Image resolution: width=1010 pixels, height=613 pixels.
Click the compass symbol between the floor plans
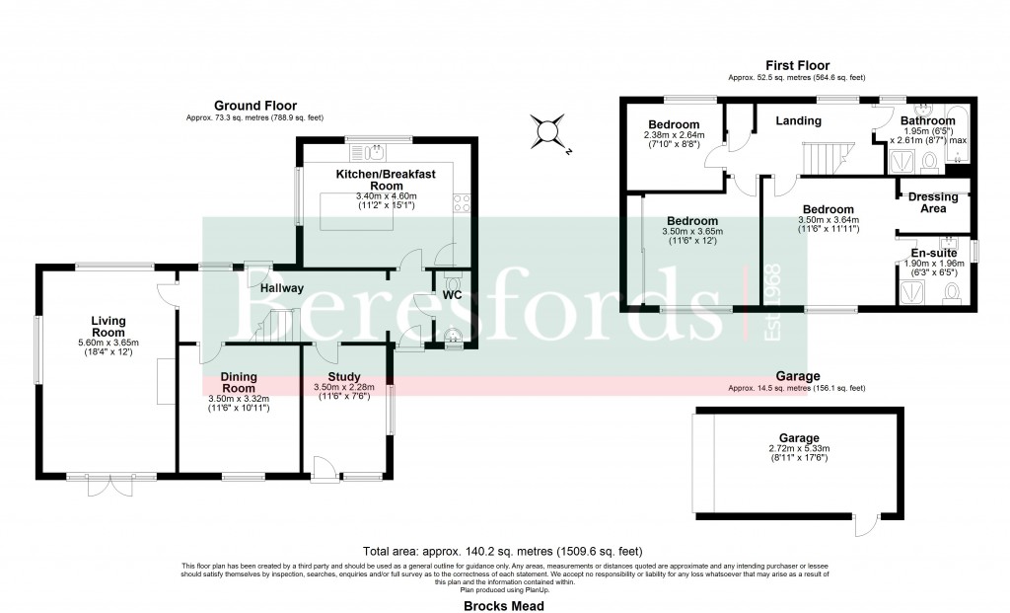[548, 132]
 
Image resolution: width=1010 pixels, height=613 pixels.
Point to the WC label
[453, 295]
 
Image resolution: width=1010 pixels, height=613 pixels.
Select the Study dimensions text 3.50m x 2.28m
[344, 386]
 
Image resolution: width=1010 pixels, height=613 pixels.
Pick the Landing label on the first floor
[798, 121]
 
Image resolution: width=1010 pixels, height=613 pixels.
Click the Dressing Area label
[933, 202]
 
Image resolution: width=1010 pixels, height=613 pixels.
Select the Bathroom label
[927, 121]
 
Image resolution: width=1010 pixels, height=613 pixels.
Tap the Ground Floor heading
[255, 106]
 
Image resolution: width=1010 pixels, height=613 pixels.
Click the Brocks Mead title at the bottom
[504, 606]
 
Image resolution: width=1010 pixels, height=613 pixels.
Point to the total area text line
[504, 551]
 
